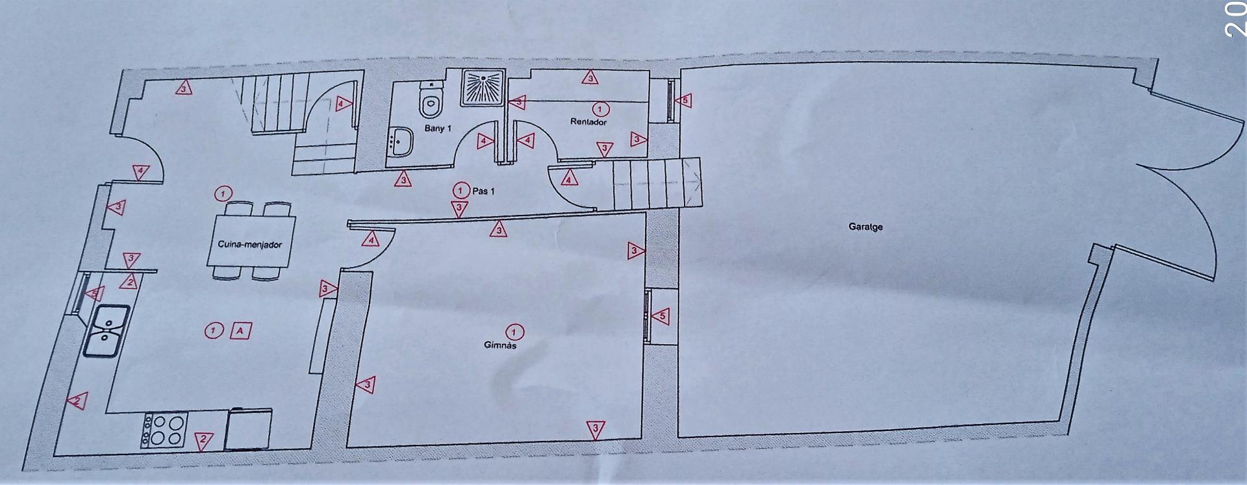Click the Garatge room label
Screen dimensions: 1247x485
tap(865, 227)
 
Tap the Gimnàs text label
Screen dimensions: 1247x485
tap(500, 346)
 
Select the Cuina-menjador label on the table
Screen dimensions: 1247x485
tap(250, 245)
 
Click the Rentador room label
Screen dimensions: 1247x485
tap(588, 121)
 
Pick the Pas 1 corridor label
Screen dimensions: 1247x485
tap(483, 191)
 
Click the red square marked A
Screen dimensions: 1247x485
tap(240, 331)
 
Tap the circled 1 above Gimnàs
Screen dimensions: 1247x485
tap(515, 332)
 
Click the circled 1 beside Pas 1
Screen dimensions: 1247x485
tap(460, 190)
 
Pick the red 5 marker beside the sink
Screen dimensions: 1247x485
tap(95, 293)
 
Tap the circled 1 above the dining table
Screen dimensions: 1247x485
tap(223, 193)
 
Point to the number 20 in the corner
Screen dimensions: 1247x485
tap(1235, 19)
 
